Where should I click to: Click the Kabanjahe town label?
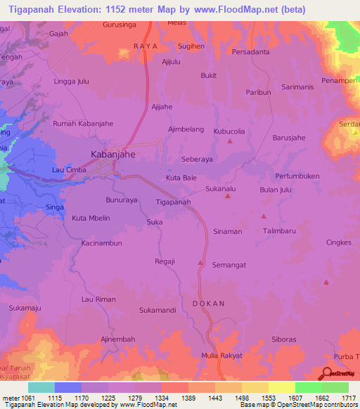pos(113,153)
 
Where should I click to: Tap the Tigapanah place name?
pos(173,202)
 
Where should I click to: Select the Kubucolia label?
pos(229,131)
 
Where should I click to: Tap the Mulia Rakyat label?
pos(221,356)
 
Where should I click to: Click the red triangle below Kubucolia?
pos(230,142)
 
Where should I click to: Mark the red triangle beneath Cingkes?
pos(326,283)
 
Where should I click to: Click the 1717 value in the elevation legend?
pos(340,398)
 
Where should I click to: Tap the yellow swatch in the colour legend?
pos(281,387)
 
